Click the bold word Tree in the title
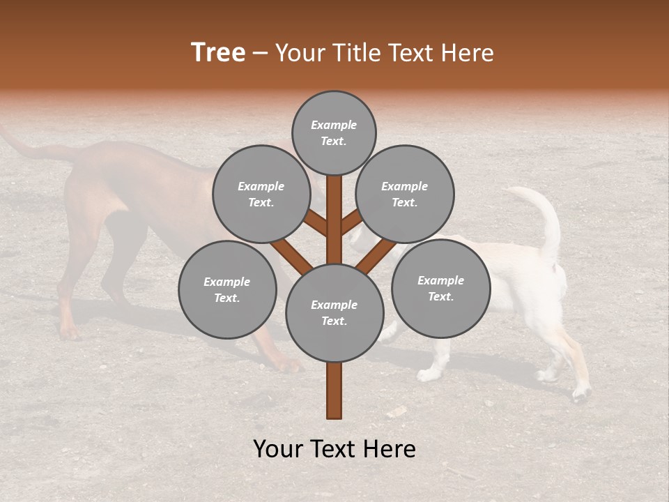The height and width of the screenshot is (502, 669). coord(218,53)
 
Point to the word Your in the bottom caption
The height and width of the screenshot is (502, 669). coord(279,449)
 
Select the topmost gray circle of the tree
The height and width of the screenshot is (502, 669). coord(334,132)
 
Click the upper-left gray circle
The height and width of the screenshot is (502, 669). coord(261,194)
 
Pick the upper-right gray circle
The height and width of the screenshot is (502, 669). coord(405,194)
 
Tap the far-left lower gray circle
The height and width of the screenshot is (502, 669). coord(227,289)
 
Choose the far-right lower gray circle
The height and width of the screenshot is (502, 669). coord(440,288)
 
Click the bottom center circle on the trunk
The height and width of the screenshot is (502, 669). coord(334,312)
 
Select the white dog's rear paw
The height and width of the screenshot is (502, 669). coord(580,395)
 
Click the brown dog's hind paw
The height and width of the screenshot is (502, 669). coord(68,332)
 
